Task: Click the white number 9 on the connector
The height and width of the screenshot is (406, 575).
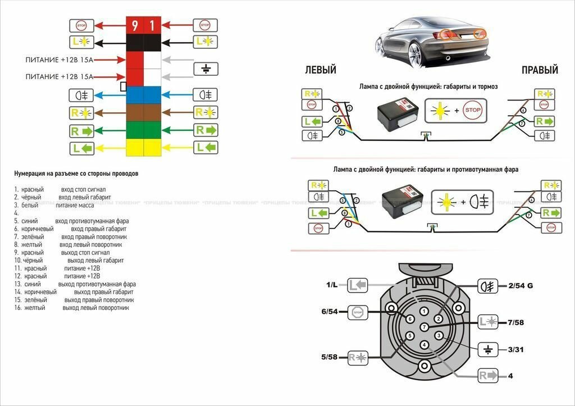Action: tap(135, 25)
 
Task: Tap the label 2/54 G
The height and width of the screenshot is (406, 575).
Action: tap(520, 286)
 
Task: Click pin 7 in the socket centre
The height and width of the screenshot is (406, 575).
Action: tap(425, 327)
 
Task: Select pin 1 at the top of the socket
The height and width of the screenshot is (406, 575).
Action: tap(425, 311)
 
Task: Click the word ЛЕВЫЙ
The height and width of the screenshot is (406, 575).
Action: tap(320, 71)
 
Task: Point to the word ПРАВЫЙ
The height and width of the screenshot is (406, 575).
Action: tap(540, 71)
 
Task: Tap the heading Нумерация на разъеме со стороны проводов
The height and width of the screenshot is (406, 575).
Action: tap(76, 174)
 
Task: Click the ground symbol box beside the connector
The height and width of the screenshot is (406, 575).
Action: tap(205, 69)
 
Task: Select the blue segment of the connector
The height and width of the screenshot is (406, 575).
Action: tap(144, 94)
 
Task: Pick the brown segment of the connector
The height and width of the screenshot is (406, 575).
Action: tap(144, 112)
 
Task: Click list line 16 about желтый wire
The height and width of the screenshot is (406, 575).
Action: tap(72, 308)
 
